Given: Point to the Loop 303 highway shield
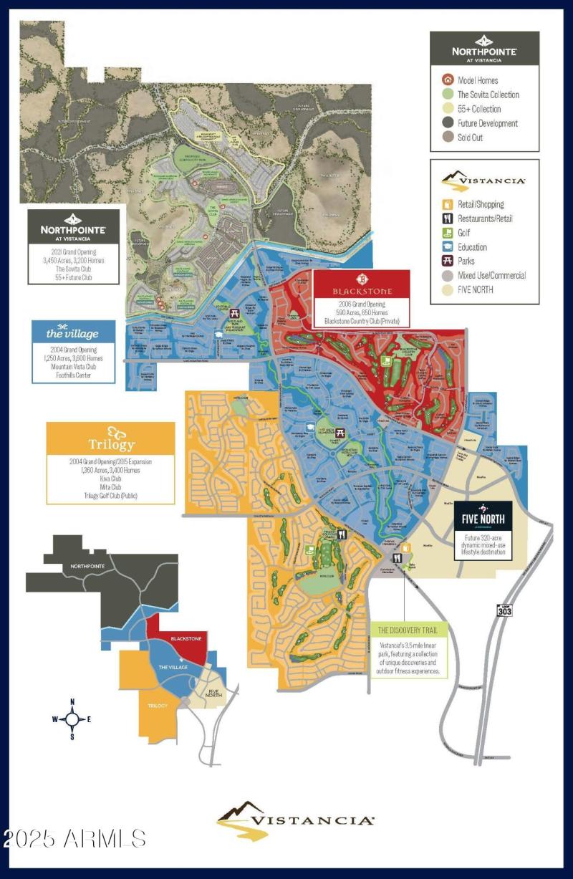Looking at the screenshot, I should tap(504, 609).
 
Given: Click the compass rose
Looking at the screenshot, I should tap(72, 718).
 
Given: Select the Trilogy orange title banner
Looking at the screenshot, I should tap(110, 438).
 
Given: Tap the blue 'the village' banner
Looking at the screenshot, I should tap(74, 334).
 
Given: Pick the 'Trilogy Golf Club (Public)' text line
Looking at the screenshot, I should tap(110, 496).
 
